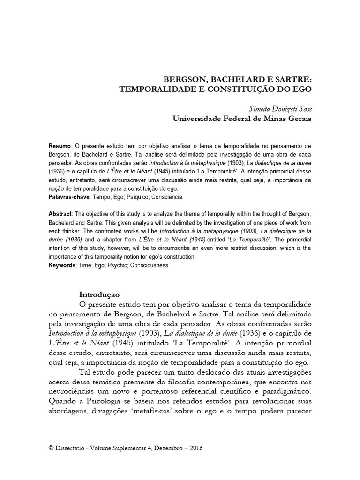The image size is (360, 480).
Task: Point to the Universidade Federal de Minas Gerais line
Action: [x=242, y=119]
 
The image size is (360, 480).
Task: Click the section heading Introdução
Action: [x=99, y=295]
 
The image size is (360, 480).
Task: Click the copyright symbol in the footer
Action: [x=51, y=448]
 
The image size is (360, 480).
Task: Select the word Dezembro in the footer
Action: [x=166, y=448]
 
